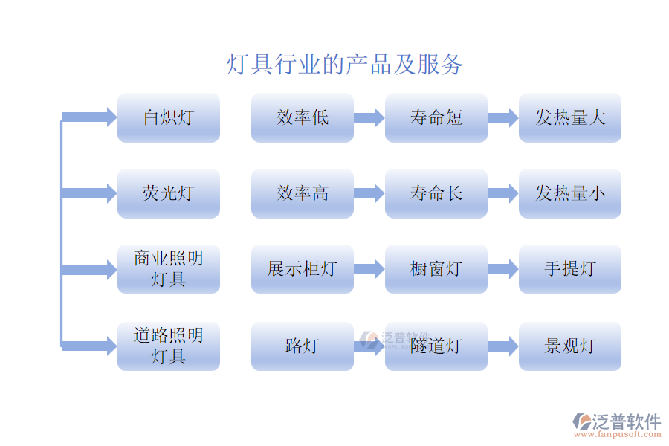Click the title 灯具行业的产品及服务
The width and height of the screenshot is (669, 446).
(345, 65)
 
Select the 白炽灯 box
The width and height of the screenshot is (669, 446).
(169, 117)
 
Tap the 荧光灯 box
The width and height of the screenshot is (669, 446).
(169, 193)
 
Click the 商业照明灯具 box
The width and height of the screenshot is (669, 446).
(169, 269)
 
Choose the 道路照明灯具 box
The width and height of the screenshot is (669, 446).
(169, 346)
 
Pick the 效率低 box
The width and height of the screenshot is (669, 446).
(303, 117)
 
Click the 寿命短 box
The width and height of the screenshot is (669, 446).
(436, 117)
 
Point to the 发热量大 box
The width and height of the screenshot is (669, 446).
(570, 117)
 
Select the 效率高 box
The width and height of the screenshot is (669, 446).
(303, 193)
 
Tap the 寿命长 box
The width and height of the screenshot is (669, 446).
(436, 193)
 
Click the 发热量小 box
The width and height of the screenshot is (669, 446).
(570, 193)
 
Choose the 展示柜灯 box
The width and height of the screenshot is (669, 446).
(303, 269)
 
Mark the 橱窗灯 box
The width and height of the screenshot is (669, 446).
(436, 269)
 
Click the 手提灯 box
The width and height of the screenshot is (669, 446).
(570, 269)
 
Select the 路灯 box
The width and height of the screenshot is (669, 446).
(303, 346)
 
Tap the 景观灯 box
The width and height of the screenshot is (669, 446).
(570, 346)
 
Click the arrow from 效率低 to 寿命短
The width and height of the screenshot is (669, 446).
(369, 117)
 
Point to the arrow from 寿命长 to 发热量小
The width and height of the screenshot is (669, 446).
(503, 193)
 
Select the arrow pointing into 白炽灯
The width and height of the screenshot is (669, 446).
(89, 117)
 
